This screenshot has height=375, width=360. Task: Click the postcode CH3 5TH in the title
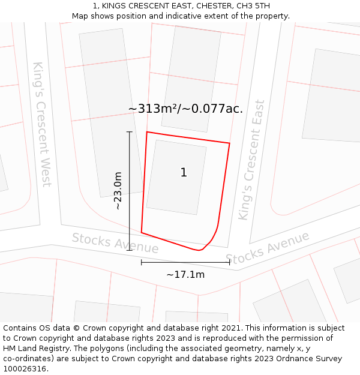[251, 6]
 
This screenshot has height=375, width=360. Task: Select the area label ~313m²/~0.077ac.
[185, 109]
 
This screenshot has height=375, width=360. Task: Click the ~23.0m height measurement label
[118, 190]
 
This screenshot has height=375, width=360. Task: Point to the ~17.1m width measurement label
[185, 275]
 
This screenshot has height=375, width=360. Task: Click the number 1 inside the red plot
[184, 173]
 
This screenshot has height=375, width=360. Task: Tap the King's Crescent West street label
[41, 124]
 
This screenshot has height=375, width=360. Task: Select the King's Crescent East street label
[251, 160]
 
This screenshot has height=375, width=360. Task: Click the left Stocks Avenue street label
[115, 242]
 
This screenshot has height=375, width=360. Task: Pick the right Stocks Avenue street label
[268, 247]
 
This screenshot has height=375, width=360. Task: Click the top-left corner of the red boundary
[147, 132]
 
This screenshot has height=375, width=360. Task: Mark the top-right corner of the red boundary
[230, 143]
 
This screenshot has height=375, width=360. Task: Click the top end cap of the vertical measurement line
[130, 131]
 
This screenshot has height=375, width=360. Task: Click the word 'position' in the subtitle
[136, 16]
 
